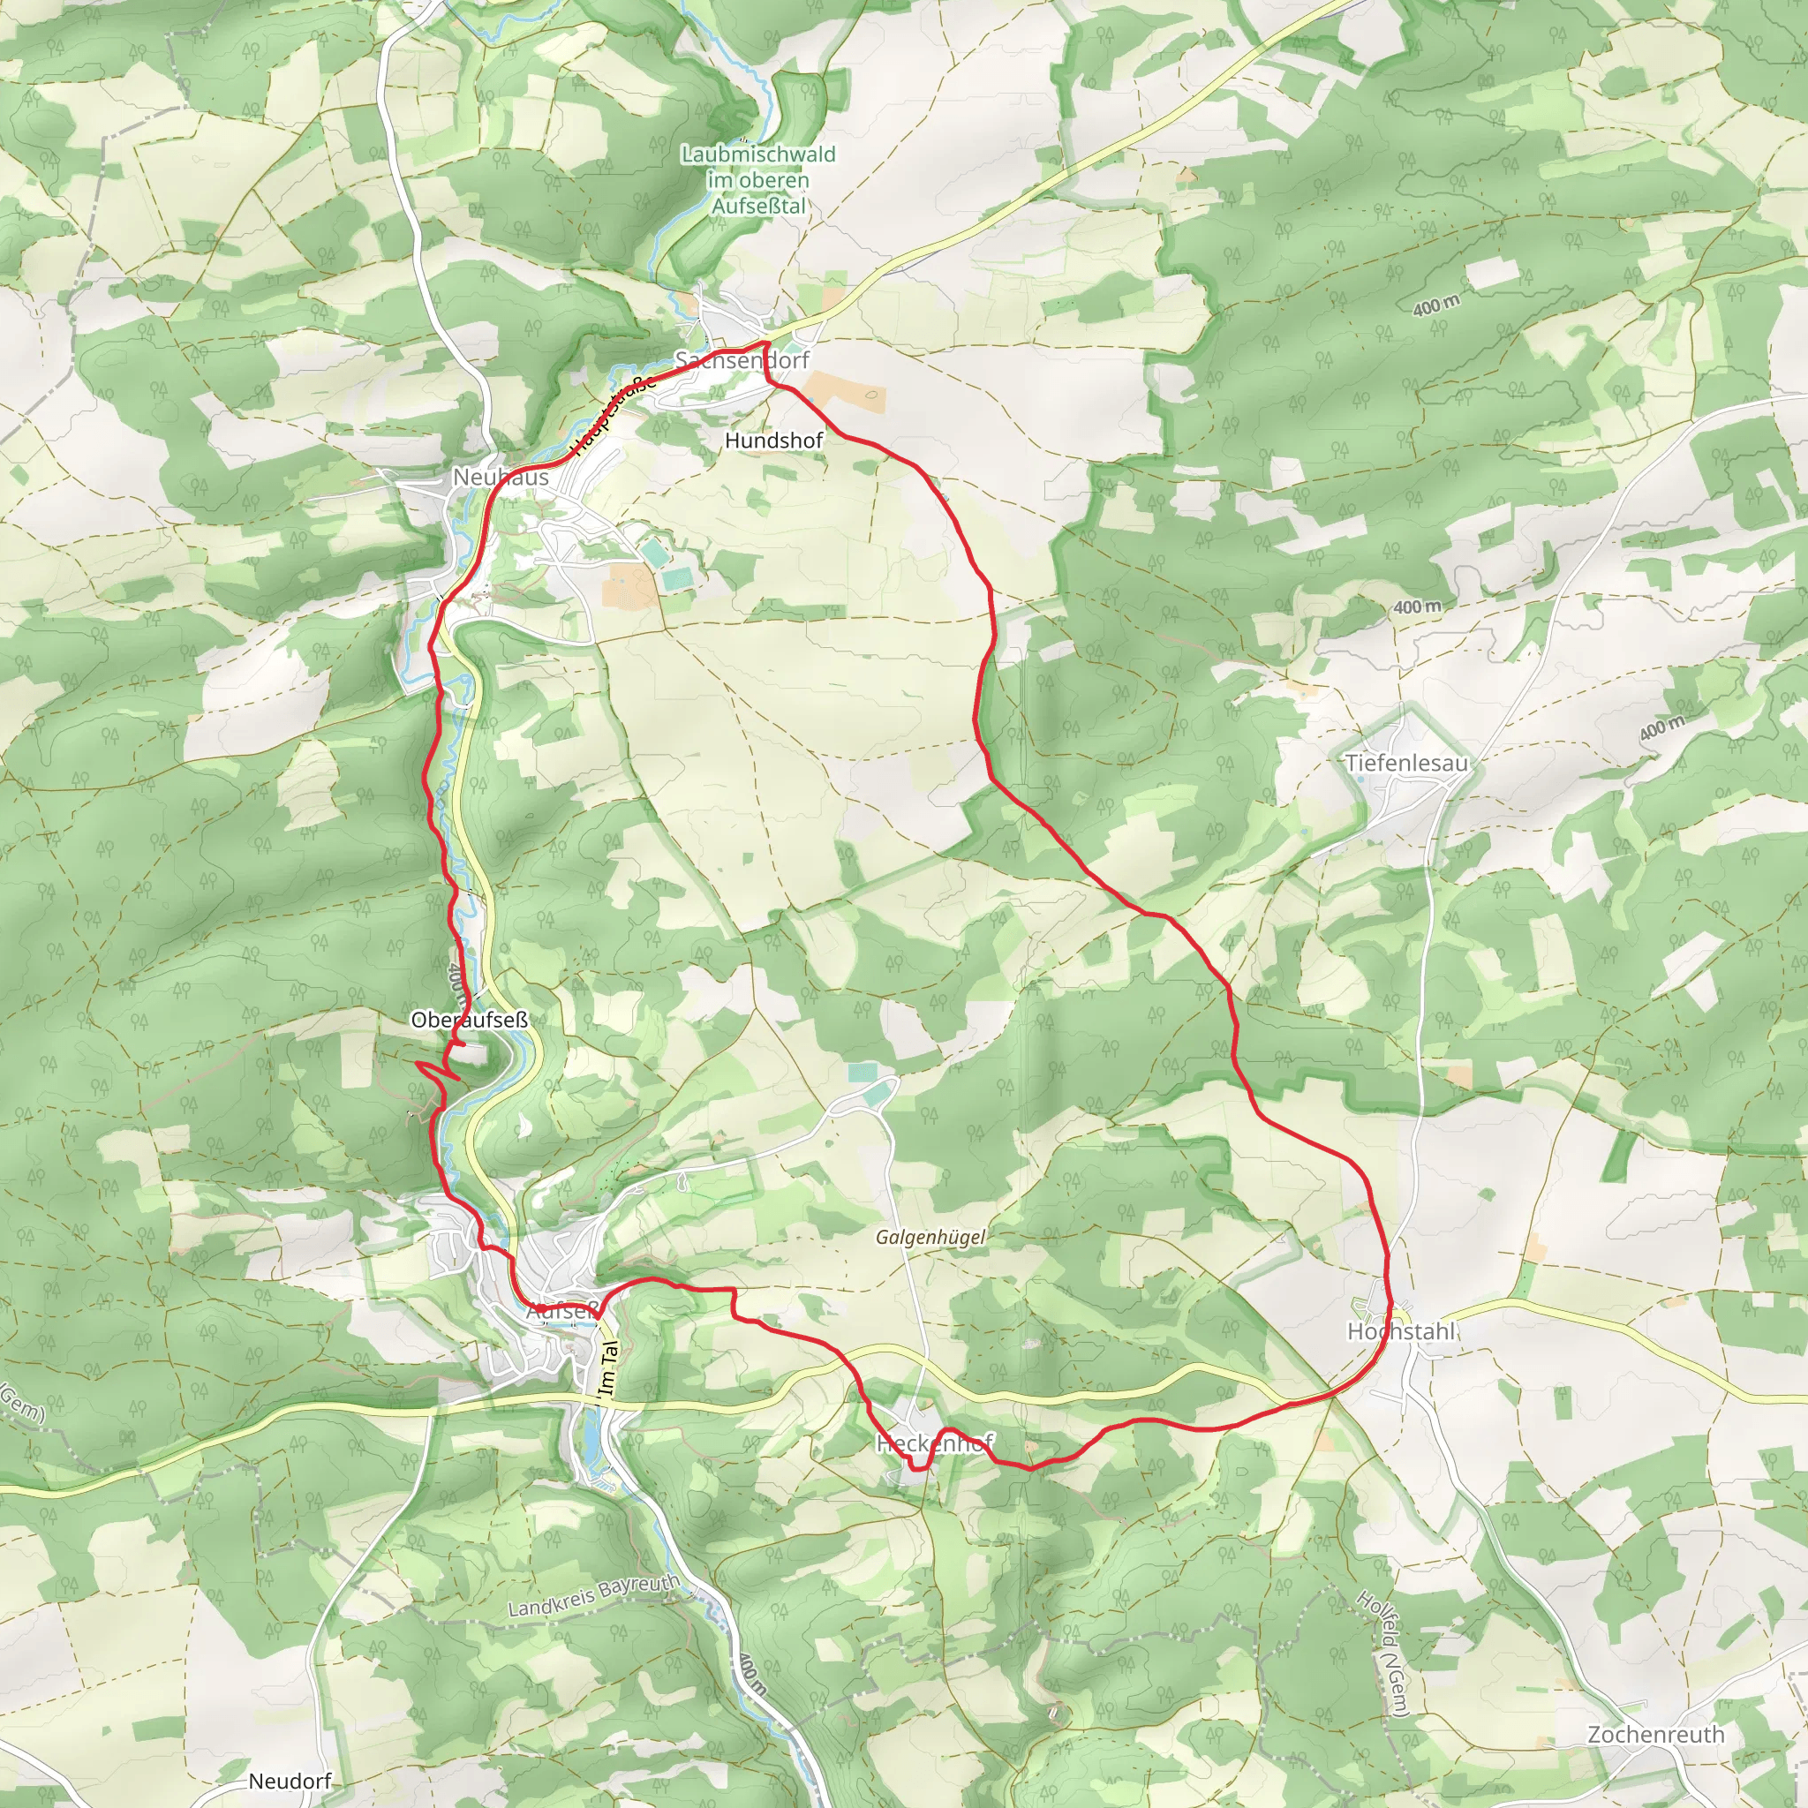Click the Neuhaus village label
[501, 478]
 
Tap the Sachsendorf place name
[742, 360]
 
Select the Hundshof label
[774, 440]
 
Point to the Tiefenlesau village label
[1406, 763]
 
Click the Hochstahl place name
[1401, 1330]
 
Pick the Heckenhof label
[934, 1443]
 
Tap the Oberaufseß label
[469, 1020]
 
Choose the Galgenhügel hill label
[930, 1237]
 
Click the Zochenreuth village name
[1655, 1734]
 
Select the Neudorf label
[290, 1781]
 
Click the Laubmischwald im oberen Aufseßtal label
[758, 180]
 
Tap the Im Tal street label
[609, 1370]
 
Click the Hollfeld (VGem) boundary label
[1382, 1654]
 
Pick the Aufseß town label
[561, 1311]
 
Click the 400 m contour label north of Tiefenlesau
[1417, 607]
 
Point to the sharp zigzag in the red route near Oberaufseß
[433, 1070]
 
